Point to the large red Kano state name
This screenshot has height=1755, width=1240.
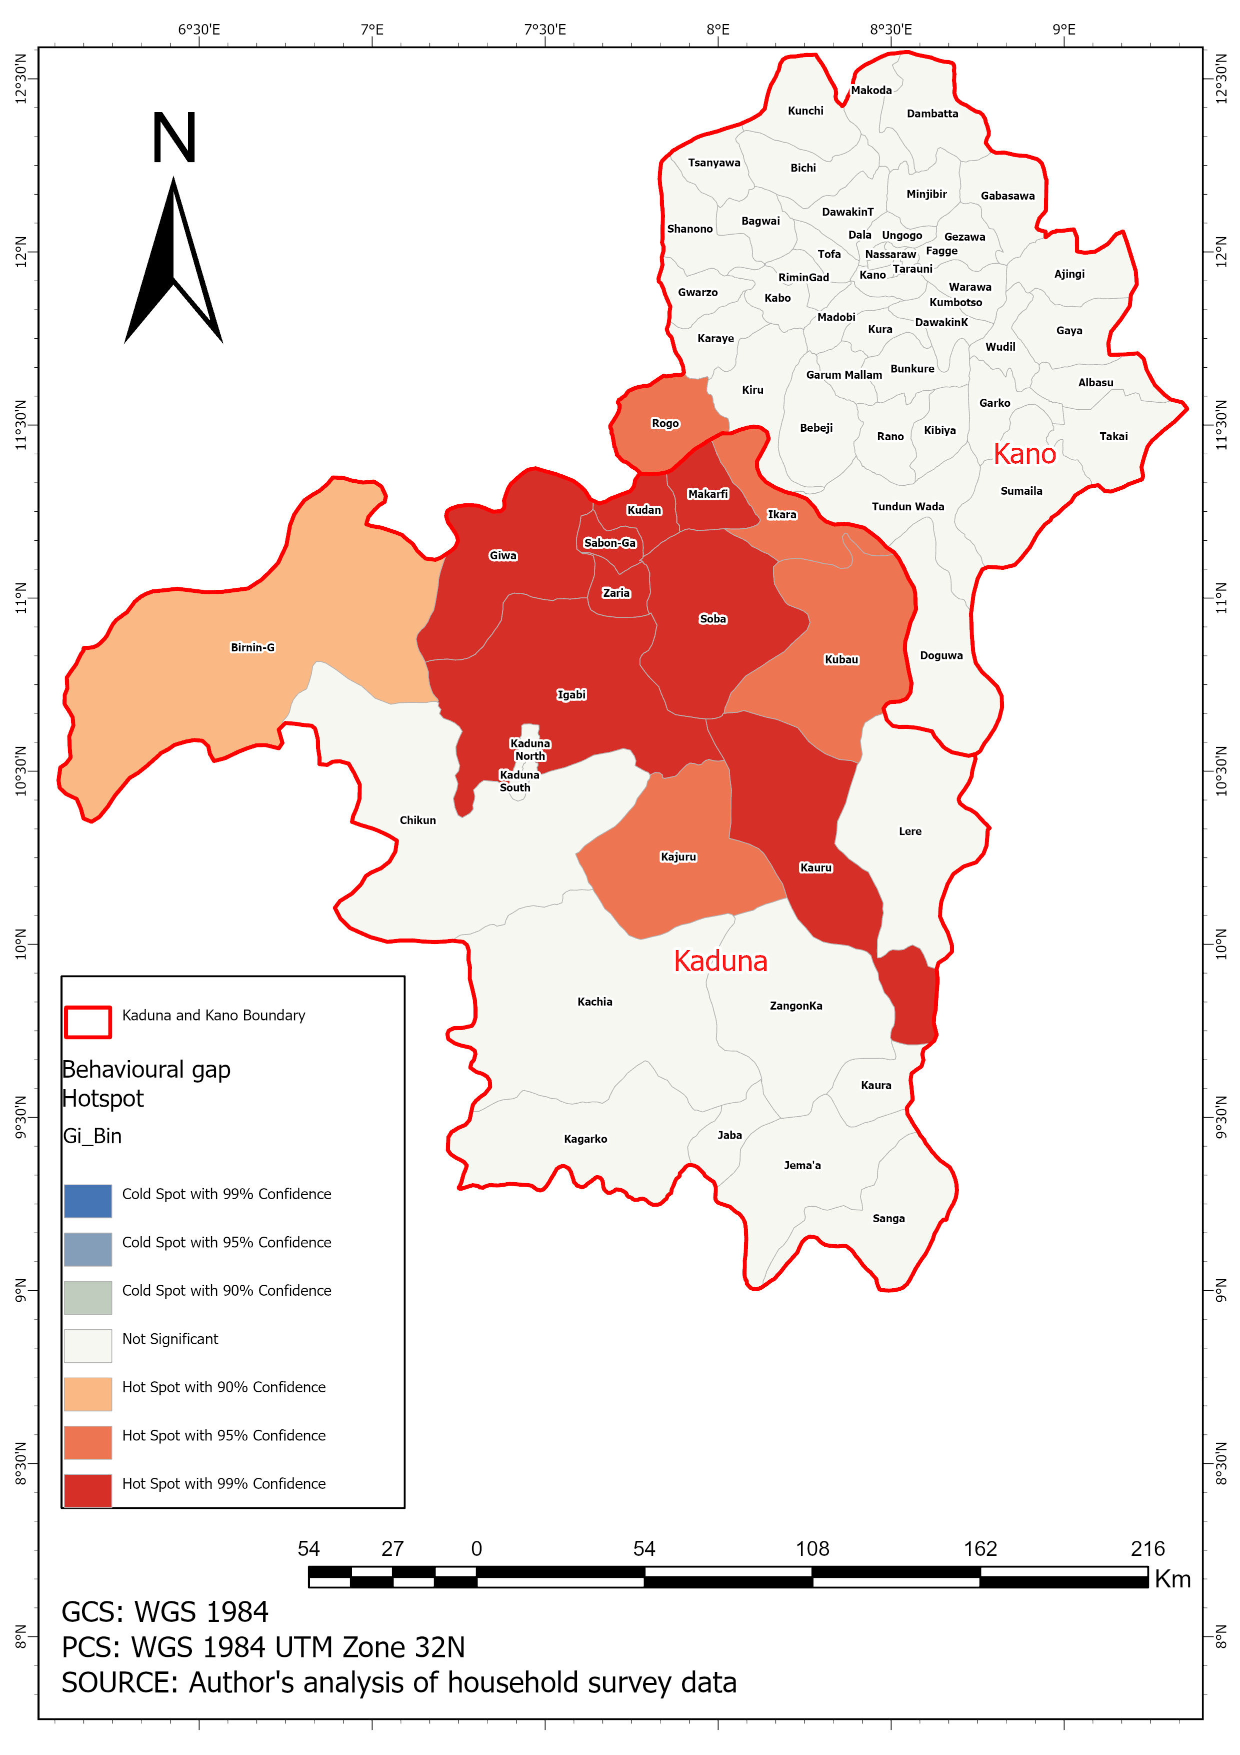point(1024,454)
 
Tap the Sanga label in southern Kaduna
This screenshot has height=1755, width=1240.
point(888,1218)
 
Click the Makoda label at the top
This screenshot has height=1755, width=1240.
point(871,90)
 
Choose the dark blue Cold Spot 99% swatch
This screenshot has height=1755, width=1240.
point(88,1201)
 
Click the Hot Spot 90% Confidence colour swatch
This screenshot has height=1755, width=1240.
point(88,1394)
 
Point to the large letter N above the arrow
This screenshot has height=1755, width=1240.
point(174,139)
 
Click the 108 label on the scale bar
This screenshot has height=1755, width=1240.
point(811,1548)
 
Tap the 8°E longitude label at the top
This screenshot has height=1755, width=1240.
point(717,30)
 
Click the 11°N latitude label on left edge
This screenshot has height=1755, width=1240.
point(20,598)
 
